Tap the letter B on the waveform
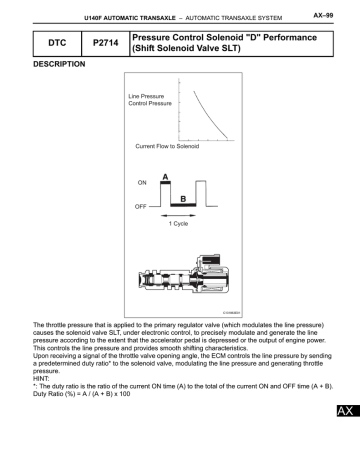pos(183,198)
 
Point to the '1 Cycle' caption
pos(178,223)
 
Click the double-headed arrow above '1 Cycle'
pos(177,214)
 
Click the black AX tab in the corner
pos(345,439)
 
